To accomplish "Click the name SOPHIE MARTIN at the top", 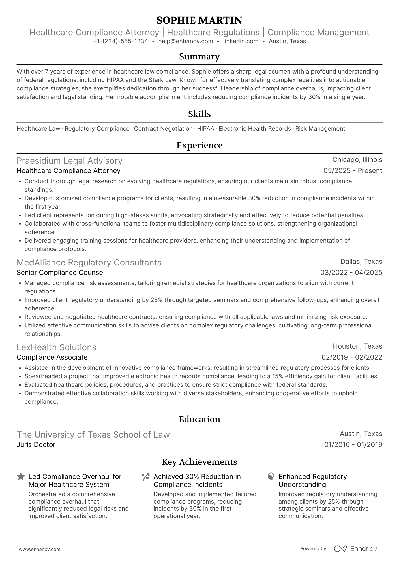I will point(199,20).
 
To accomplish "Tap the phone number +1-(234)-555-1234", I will point(121,41).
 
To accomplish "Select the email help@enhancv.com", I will point(186,41).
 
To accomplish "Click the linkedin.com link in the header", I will point(241,41).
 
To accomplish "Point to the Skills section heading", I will point(199,114).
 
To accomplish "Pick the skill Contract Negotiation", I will point(163,129).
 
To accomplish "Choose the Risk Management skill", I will point(320,129).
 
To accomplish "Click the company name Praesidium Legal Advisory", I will point(69,161).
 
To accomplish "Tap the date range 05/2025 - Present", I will point(353,171).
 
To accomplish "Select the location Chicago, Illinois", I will point(357,160).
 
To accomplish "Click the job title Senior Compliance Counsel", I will point(61,273).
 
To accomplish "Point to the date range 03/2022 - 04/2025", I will point(351,273).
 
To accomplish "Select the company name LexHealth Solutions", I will point(56,347).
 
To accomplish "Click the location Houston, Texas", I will point(357,346).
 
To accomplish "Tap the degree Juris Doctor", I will point(36,445).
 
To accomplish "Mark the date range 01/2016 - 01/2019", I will point(353,445).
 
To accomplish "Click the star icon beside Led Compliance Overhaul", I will point(21,477).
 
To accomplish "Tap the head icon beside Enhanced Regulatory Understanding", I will point(271,477).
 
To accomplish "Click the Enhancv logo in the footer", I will point(355,549).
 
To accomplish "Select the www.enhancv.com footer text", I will point(40,550).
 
